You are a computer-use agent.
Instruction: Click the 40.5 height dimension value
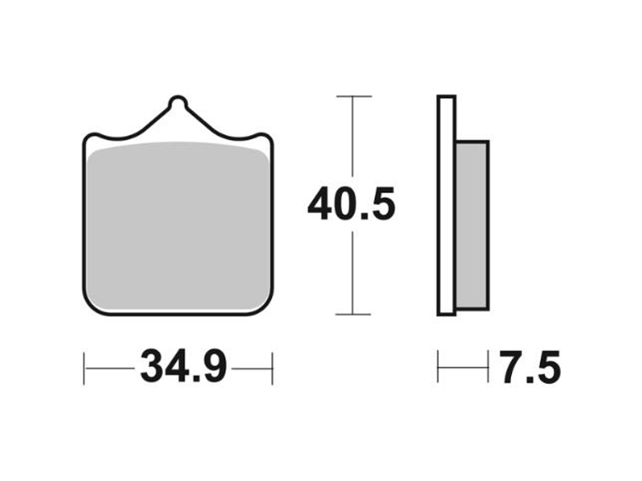click(351, 205)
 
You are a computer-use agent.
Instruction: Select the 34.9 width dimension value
click(183, 368)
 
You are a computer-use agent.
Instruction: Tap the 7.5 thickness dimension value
click(530, 369)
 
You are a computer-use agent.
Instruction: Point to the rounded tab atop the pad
click(177, 104)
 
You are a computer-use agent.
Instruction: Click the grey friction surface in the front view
click(179, 224)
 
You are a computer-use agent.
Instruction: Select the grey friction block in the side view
click(472, 224)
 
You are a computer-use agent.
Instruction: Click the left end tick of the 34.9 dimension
click(84, 369)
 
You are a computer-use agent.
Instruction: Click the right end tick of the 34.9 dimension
click(272, 369)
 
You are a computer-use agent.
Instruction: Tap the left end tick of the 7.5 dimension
click(438, 368)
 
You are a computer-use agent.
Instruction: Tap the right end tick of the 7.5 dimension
click(488, 368)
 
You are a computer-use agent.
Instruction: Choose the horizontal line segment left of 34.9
click(110, 369)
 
